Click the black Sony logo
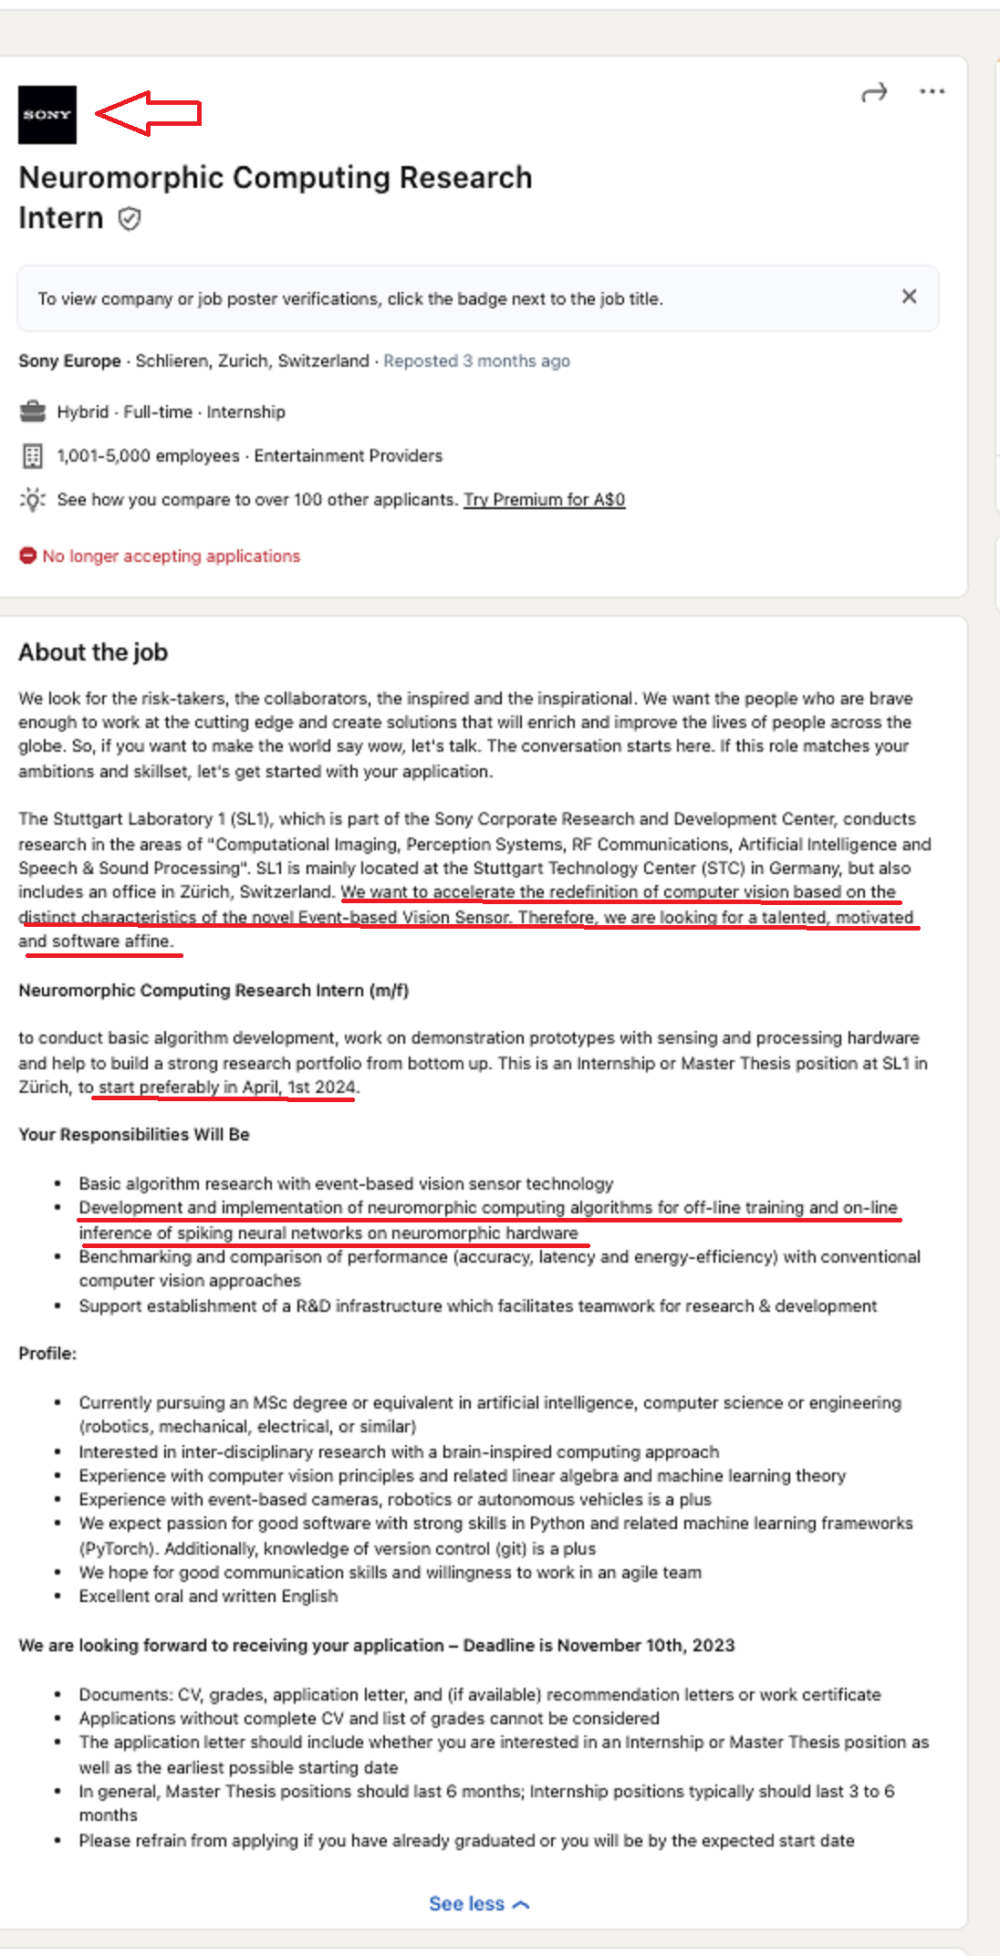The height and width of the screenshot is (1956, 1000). click(47, 115)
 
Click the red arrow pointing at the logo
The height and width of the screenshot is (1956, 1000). click(148, 113)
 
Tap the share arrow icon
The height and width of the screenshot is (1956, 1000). click(874, 92)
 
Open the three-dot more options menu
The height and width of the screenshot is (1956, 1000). click(932, 91)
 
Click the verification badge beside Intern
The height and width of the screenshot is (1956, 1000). click(130, 219)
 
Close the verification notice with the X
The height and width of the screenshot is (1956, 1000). click(909, 297)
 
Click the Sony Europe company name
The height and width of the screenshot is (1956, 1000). click(69, 361)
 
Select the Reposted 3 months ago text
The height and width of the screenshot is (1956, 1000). click(476, 361)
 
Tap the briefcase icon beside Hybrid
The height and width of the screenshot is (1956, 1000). click(33, 411)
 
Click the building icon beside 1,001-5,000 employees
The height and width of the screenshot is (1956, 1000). click(33, 455)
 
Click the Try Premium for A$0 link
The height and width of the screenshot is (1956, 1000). click(544, 500)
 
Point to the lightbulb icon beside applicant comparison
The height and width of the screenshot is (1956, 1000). click(33, 500)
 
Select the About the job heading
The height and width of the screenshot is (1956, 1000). click(93, 652)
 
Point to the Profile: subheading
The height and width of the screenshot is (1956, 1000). click(47, 1354)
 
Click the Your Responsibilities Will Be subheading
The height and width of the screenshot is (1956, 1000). click(134, 1135)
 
